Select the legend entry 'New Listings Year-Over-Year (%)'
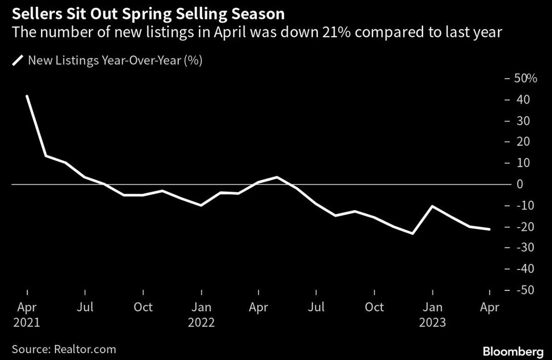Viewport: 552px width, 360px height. click(115, 61)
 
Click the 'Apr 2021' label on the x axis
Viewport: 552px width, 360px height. click(27, 314)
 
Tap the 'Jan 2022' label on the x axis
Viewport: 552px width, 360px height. click(201, 314)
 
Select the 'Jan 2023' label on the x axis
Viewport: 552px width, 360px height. click(432, 314)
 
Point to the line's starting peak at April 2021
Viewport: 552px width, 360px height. click(27, 96)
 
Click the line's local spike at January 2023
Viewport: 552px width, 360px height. click(432, 206)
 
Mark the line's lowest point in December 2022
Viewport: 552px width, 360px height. click(413, 234)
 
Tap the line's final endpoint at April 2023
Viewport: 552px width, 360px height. click(489, 229)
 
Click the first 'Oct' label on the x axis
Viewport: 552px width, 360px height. click(143, 307)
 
